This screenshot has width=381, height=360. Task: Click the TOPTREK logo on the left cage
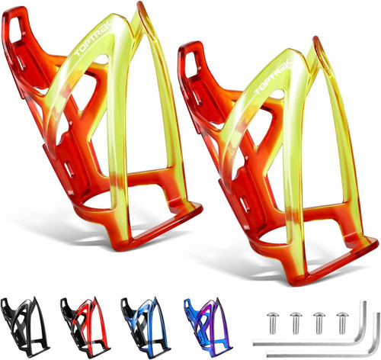coord(92,39)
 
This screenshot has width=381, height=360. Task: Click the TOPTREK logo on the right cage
coord(273,77)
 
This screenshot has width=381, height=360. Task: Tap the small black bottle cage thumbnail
coord(24,326)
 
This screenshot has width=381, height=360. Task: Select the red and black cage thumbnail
coord(85,326)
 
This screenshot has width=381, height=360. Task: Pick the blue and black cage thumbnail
coord(146,327)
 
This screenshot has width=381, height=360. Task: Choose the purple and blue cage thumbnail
coord(208,327)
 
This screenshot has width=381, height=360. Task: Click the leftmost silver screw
coord(273,323)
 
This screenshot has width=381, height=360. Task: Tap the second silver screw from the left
coord(296,323)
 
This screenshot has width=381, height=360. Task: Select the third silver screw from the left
coord(319,323)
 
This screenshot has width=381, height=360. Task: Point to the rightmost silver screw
coord(342,323)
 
